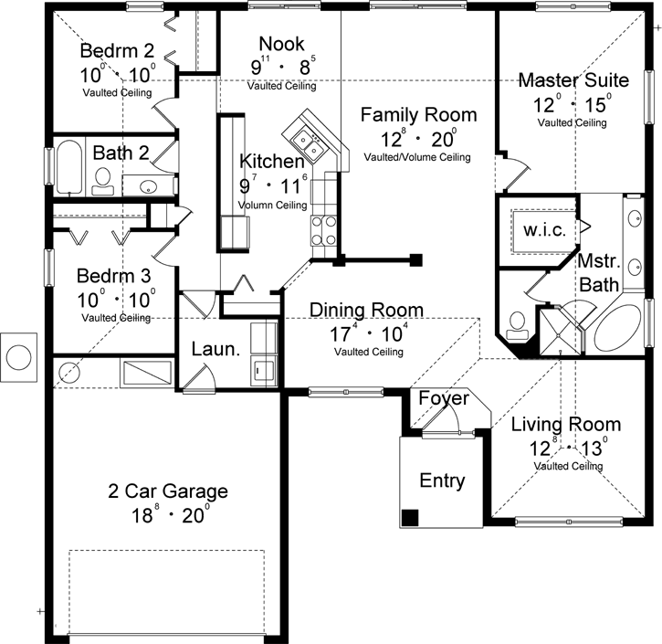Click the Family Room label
tap(417, 115)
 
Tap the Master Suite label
tap(572, 80)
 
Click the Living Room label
tap(565, 424)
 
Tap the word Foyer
tap(444, 399)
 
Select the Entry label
tap(442, 480)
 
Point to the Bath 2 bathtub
tap(69, 168)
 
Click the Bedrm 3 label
tap(114, 275)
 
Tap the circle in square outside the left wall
tap(19, 353)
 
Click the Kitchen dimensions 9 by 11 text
tap(272, 185)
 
